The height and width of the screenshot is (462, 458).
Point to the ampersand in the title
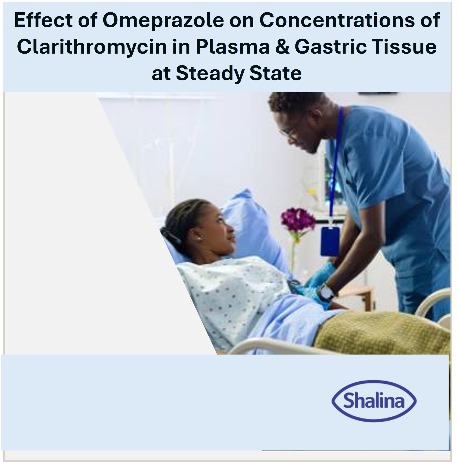282,47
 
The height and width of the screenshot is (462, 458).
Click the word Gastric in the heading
331,47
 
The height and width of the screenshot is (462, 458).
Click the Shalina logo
374,401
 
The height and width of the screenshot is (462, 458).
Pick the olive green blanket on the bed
381,332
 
